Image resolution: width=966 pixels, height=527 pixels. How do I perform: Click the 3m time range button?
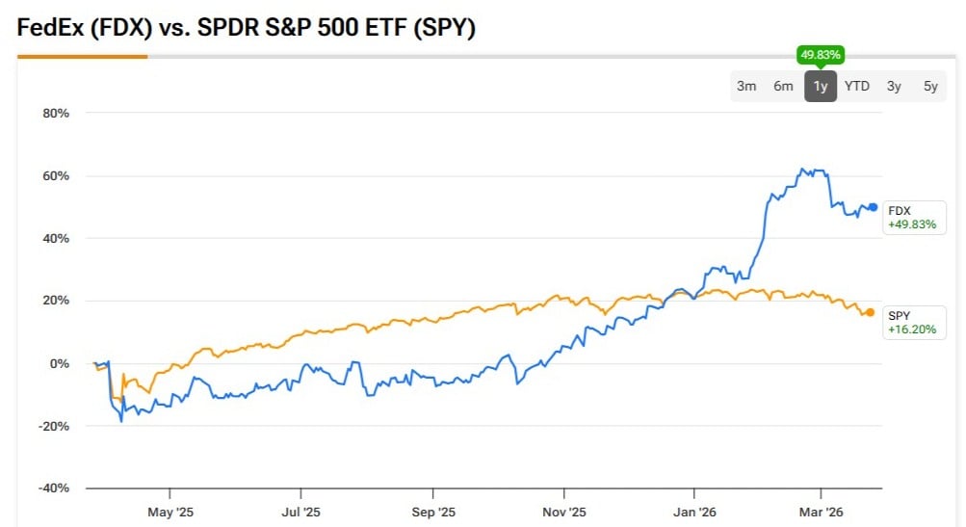746,86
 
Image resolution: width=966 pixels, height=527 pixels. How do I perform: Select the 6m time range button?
783,86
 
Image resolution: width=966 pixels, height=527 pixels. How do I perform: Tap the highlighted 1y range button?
820,86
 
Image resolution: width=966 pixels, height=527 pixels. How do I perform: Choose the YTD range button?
857,86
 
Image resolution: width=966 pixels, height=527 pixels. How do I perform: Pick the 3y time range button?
894,86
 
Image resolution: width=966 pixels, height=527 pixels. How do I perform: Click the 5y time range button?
930,86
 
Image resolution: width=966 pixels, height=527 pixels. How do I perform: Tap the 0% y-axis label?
61,363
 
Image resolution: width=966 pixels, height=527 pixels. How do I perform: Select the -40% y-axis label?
54,487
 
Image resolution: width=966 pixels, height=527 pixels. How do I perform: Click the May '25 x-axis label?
170,513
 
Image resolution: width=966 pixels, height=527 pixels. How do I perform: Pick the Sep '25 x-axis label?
433,513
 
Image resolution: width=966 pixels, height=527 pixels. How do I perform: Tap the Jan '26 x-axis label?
694,513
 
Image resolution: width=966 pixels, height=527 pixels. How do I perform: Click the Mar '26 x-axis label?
821,513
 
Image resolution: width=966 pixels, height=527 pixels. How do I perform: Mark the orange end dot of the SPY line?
871,312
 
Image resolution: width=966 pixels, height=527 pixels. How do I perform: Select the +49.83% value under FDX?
911,224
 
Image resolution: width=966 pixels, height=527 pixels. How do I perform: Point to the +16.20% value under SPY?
911,329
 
